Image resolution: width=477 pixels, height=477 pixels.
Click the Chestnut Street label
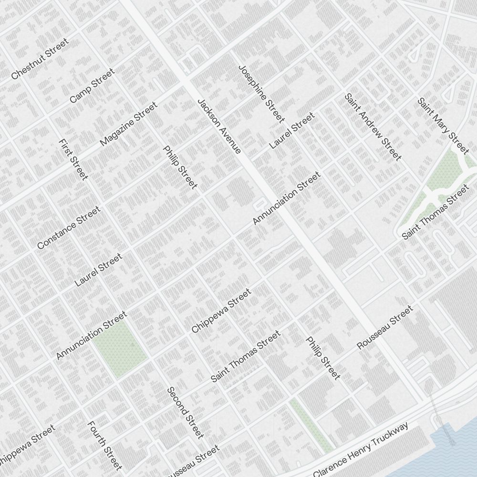[40, 59]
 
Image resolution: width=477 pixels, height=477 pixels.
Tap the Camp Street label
[92, 86]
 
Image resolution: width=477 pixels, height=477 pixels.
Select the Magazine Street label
[128, 124]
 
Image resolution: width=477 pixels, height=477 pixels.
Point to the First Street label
[73, 160]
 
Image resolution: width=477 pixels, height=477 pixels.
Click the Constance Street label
[69, 228]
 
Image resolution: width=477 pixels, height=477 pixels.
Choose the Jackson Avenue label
[219, 126]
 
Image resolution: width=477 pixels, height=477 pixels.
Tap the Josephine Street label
[261, 93]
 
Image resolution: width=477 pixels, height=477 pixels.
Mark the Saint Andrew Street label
[373, 127]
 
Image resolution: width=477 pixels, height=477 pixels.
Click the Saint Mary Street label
[443, 126]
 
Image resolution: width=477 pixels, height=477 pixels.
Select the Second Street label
[185, 413]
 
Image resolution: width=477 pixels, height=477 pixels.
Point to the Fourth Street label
[104, 446]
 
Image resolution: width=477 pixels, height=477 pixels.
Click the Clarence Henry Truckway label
[361, 450]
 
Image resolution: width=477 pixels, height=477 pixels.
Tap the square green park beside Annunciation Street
[120, 349]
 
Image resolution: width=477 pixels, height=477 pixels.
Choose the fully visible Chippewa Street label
[221, 311]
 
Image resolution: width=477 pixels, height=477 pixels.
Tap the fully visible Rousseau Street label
[384, 328]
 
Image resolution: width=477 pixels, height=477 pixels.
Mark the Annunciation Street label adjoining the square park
[92, 335]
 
